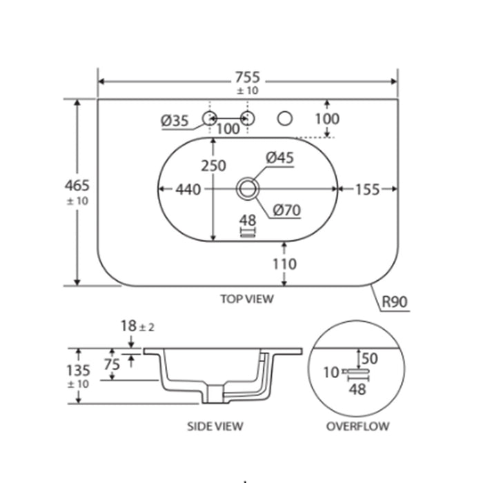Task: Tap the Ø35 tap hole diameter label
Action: point(175,121)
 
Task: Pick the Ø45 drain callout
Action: point(279,158)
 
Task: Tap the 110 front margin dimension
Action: point(284,264)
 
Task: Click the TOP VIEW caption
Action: point(246,299)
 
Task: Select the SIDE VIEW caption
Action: point(215,426)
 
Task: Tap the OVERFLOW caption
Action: point(357,426)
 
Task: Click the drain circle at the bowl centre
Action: point(247,188)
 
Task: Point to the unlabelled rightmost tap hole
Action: point(284,119)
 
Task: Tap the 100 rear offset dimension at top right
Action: point(326,119)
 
